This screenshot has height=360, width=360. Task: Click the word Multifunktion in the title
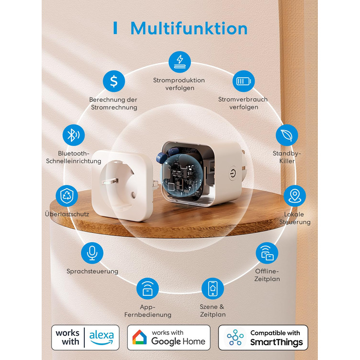click(189, 28)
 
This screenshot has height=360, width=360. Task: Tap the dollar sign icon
click(114, 81)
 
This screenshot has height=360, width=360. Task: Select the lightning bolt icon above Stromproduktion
click(179, 61)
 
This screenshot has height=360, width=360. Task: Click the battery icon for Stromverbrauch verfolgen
click(243, 81)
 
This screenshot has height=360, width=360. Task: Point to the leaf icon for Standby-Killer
click(286, 135)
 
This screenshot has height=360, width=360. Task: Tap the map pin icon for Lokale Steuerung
click(295, 195)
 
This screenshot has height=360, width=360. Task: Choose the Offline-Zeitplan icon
click(267, 253)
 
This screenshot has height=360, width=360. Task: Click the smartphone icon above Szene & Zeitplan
click(212, 289)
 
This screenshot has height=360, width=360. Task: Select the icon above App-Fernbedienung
click(148, 289)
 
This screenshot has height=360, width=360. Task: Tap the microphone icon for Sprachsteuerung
click(92, 253)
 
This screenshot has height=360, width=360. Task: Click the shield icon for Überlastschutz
click(67, 195)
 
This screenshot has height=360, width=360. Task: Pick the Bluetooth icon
click(73, 135)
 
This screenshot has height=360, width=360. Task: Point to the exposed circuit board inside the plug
click(185, 177)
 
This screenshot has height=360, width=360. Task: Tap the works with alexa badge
click(85, 337)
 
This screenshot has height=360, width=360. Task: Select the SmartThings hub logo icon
click(235, 337)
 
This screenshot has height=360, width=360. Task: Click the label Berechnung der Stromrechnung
click(113, 103)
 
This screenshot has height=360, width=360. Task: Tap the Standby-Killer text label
click(286, 157)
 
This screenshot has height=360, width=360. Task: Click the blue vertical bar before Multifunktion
click(115, 28)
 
